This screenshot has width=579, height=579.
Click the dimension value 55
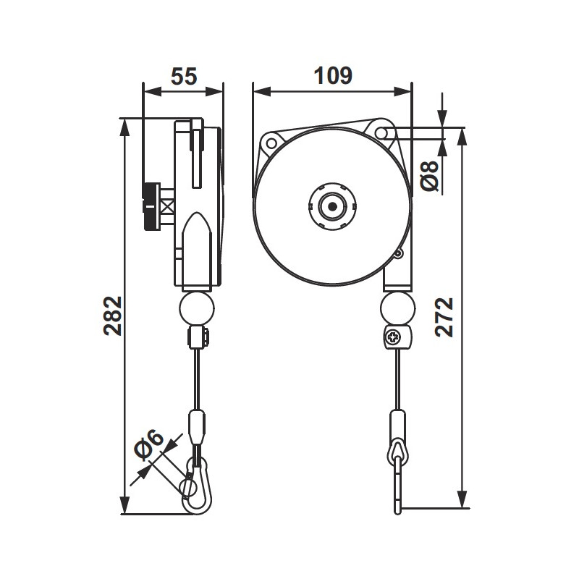(x=184, y=76)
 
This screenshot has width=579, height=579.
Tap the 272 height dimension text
(x=446, y=316)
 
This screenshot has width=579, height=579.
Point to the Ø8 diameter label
(x=431, y=174)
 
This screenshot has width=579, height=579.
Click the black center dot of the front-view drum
(x=332, y=207)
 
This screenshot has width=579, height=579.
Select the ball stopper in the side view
(x=196, y=308)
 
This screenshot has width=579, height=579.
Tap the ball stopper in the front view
(x=397, y=308)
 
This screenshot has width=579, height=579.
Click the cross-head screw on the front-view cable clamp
(x=392, y=337)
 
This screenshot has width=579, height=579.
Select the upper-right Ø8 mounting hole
(x=382, y=132)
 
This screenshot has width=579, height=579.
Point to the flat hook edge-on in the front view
(x=397, y=485)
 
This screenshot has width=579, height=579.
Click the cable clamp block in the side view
(x=197, y=337)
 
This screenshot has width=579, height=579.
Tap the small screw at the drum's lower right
(x=397, y=254)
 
